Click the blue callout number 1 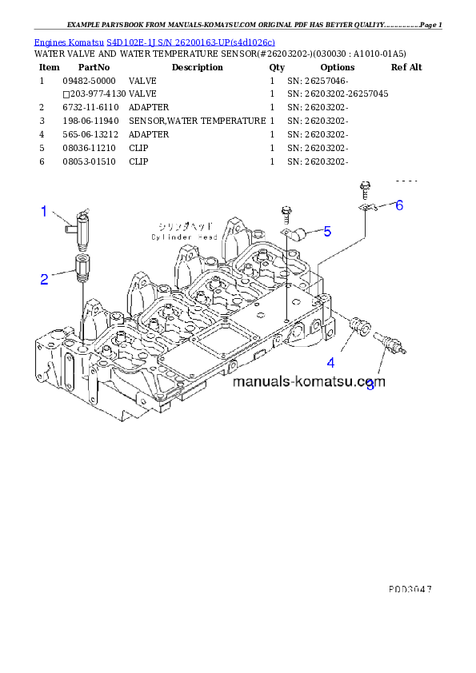(45, 212)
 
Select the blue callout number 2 (45, 279)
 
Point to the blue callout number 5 (327, 232)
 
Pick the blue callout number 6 (398, 205)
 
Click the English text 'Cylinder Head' (184, 237)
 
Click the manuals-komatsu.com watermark (309, 381)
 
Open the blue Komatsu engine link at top (154, 41)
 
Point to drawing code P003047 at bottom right (410, 587)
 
